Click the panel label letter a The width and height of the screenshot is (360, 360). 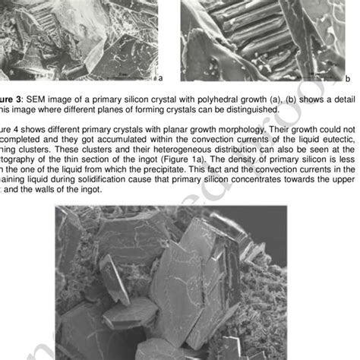click(161, 77)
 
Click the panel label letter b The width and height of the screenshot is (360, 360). click(348, 77)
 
